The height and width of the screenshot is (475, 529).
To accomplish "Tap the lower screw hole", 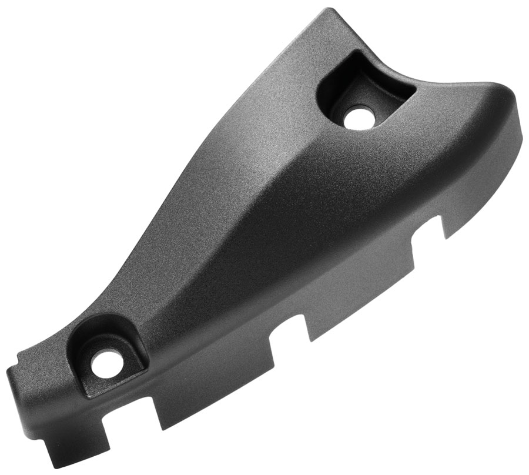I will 104,366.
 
